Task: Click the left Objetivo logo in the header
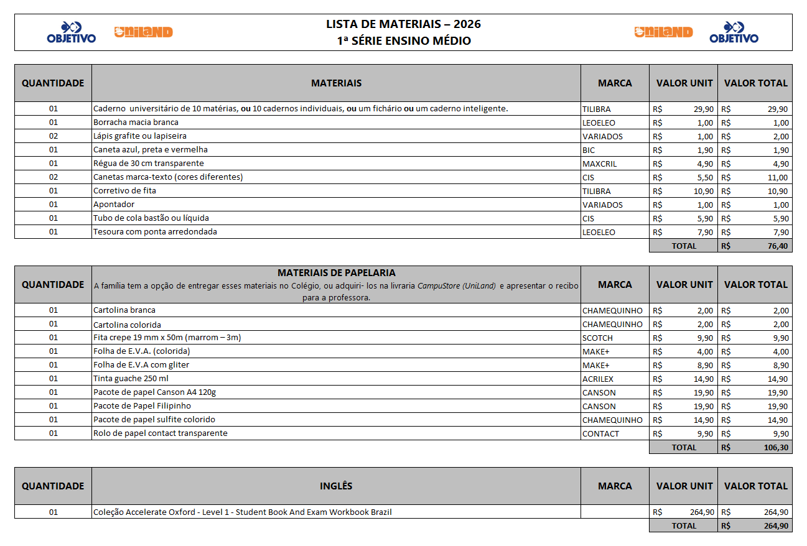point(72,32)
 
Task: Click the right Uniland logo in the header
point(663,32)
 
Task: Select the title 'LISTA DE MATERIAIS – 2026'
point(403,24)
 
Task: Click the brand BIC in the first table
point(589,150)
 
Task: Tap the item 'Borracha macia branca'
point(136,123)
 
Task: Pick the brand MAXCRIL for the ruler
point(599,164)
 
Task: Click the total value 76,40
point(778,246)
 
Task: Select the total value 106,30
point(776,447)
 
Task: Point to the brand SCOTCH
point(597,338)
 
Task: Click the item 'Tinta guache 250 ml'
point(131,379)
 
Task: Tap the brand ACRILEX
point(599,379)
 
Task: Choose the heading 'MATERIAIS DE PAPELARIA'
point(336,273)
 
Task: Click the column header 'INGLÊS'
point(336,486)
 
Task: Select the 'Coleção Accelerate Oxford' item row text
point(243,512)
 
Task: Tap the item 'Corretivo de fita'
point(124,191)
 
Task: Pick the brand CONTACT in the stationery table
point(600,433)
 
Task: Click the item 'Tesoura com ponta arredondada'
point(155,232)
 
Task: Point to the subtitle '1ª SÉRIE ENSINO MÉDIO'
point(403,41)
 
